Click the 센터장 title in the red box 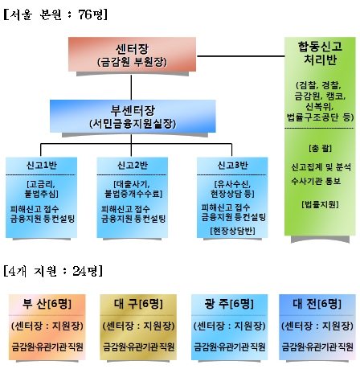(x=132, y=49)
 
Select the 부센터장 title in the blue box (x=133, y=110)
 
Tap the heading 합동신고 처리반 (x=320, y=53)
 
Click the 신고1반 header (x=42, y=165)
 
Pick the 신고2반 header (x=133, y=165)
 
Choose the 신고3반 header (x=232, y=165)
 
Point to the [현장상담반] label (x=232, y=231)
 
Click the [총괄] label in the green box (x=320, y=148)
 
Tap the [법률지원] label (x=320, y=204)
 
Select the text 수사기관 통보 (x=316, y=181)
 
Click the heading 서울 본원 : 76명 (x=55, y=14)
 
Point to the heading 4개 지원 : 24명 (x=53, y=271)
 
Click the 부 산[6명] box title (x=47, y=304)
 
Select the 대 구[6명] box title (x=138, y=304)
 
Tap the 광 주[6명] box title (x=229, y=304)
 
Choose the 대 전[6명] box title (x=317, y=304)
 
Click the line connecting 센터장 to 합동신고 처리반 (x=240, y=56)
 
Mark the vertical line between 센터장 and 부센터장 (x=131, y=87)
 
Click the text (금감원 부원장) (x=132, y=62)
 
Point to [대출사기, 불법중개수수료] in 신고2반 (x=133, y=189)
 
